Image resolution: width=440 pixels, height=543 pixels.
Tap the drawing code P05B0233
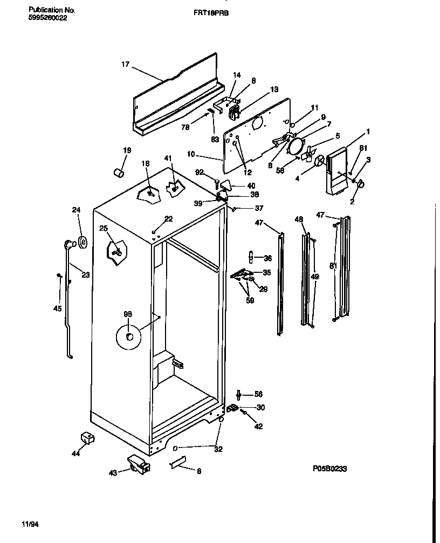pos(328,469)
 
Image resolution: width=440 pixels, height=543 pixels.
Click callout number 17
pos(125,65)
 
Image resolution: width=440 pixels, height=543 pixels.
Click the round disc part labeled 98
pos(128,336)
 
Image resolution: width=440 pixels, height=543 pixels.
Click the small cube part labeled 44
pos(86,437)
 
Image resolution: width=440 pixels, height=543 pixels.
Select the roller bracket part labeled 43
pos(137,464)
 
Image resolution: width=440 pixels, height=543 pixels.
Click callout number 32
pos(218,449)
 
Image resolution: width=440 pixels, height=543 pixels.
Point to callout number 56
pos(258,394)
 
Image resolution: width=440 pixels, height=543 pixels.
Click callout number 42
pos(259,427)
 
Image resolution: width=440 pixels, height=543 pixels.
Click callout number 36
pos(267,258)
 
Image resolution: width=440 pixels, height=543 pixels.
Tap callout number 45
pos(57,308)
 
